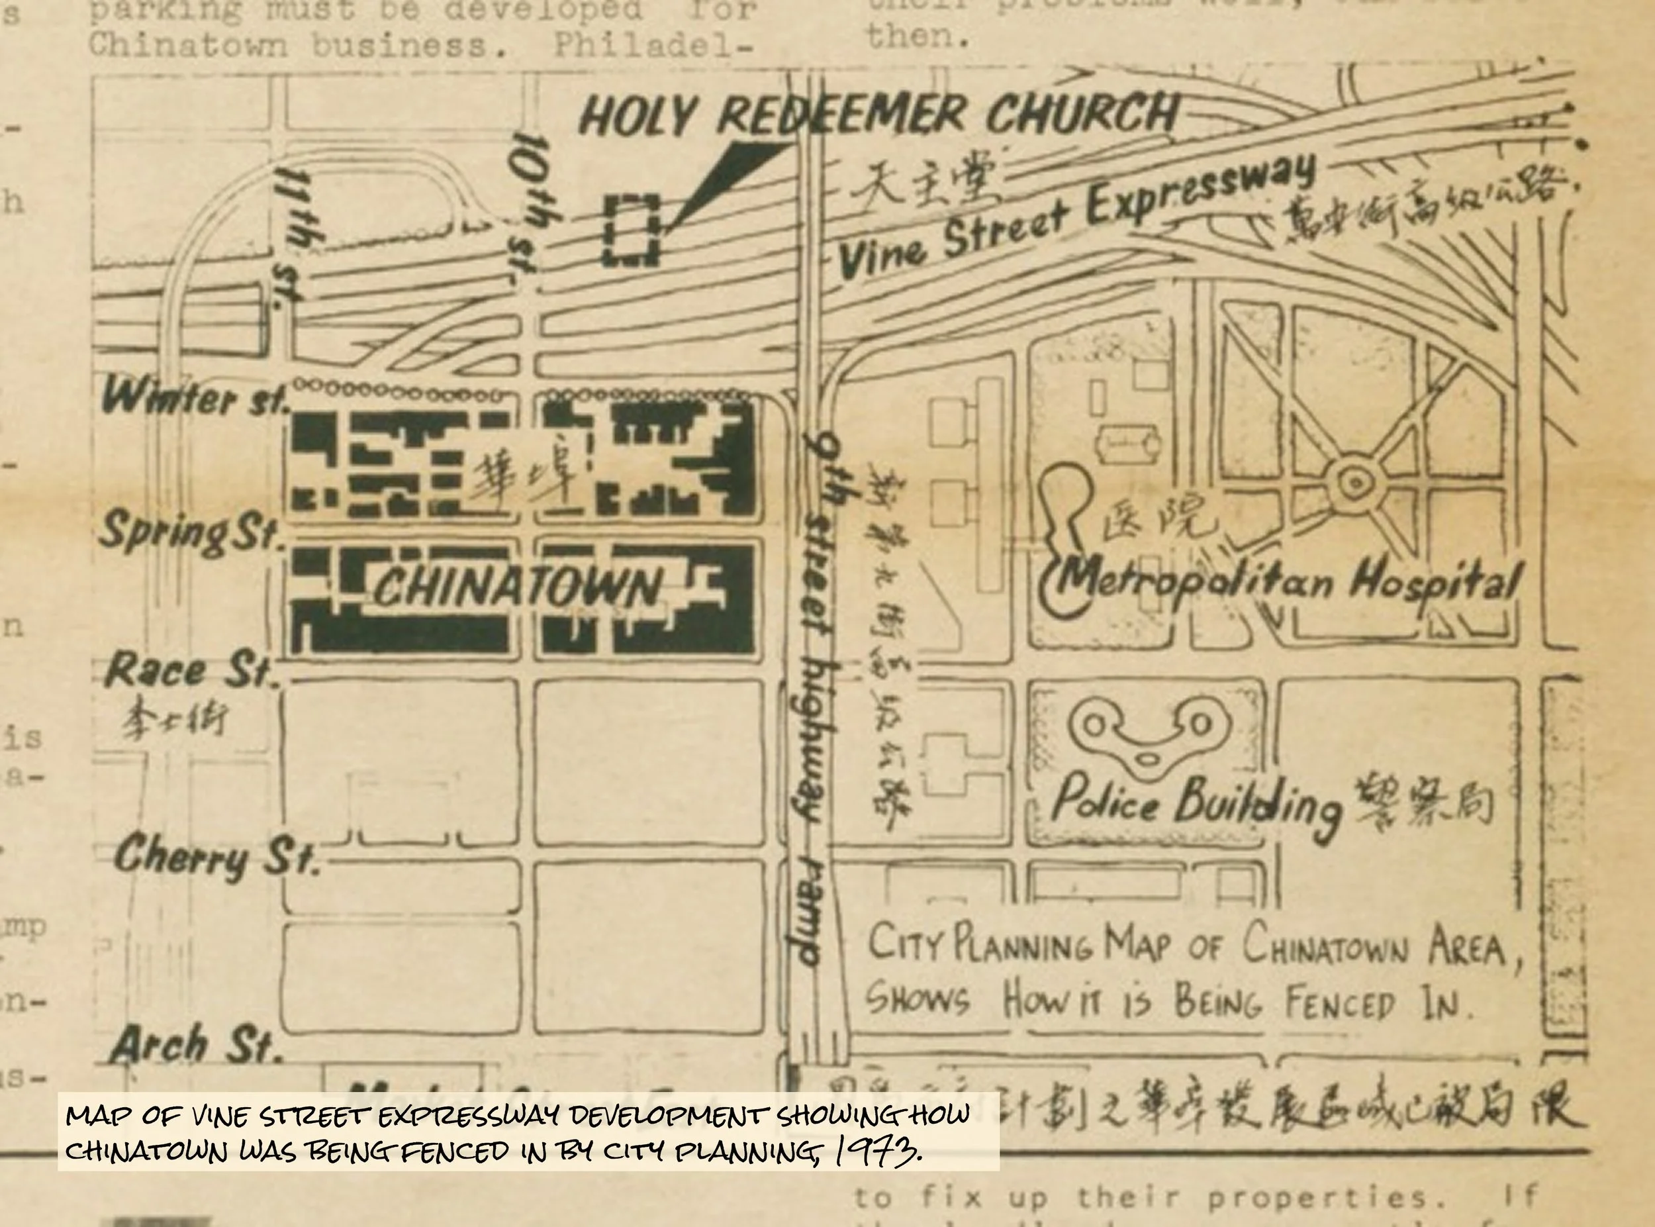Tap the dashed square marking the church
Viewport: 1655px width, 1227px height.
pyautogui.click(x=631, y=230)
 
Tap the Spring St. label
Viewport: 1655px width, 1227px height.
pyautogui.click(x=190, y=532)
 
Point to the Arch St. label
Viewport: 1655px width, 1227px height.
pyautogui.click(x=196, y=1044)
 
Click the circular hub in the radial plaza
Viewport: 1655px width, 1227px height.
pyautogui.click(x=1355, y=483)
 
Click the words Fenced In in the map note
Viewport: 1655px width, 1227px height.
pyautogui.click(x=1378, y=1003)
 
